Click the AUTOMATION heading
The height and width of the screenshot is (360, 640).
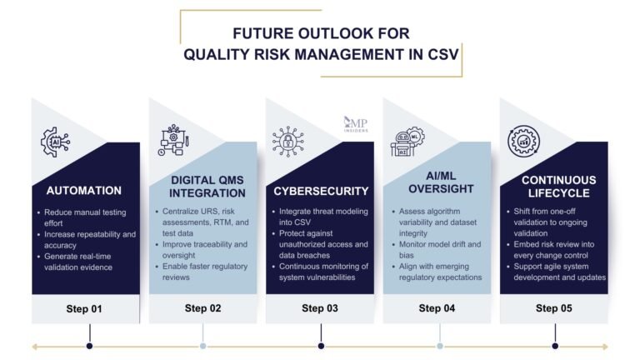(x=84, y=190)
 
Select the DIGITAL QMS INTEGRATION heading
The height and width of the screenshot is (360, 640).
(x=202, y=187)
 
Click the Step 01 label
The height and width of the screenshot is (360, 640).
(x=84, y=308)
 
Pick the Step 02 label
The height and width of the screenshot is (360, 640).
(x=202, y=308)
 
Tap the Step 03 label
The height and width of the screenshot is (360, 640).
(x=320, y=308)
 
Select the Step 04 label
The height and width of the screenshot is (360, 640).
(x=437, y=308)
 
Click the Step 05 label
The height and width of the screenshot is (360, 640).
(x=553, y=308)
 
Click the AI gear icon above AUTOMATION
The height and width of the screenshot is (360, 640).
(x=56, y=142)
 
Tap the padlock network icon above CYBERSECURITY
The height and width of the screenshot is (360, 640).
(x=288, y=142)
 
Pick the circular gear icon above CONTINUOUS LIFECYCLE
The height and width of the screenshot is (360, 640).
(x=526, y=142)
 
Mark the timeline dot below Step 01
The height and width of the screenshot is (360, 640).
(x=89, y=346)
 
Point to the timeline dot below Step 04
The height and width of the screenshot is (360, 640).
(x=440, y=346)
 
